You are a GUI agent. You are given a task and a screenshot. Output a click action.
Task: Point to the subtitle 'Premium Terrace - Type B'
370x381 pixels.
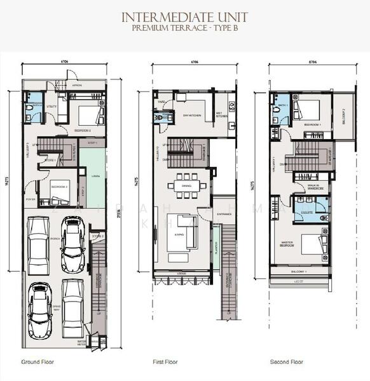185,28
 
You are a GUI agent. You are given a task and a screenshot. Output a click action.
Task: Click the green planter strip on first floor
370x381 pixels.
216,251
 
